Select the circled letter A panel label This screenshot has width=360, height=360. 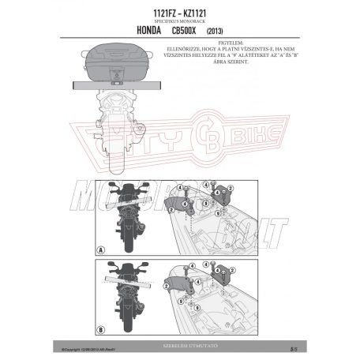(101, 250)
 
